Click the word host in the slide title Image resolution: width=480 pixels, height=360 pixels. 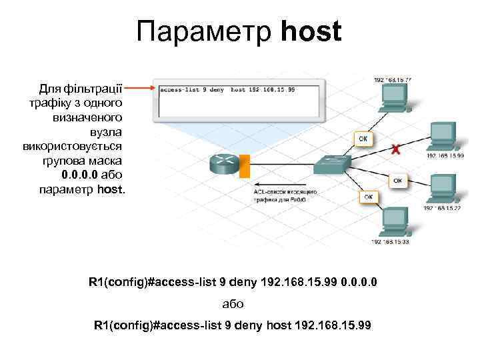(311, 31)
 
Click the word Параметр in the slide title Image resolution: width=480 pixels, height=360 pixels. (206, 32)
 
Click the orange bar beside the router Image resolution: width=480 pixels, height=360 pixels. (245, 166)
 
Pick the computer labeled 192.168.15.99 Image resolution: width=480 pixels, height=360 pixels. (442, 137)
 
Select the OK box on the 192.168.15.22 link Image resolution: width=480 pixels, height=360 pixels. (397, 181)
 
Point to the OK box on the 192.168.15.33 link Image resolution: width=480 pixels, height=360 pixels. (369, 197)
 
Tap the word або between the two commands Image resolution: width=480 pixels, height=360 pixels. (233, 304)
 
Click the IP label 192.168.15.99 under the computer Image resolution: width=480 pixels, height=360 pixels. (445, 156)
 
